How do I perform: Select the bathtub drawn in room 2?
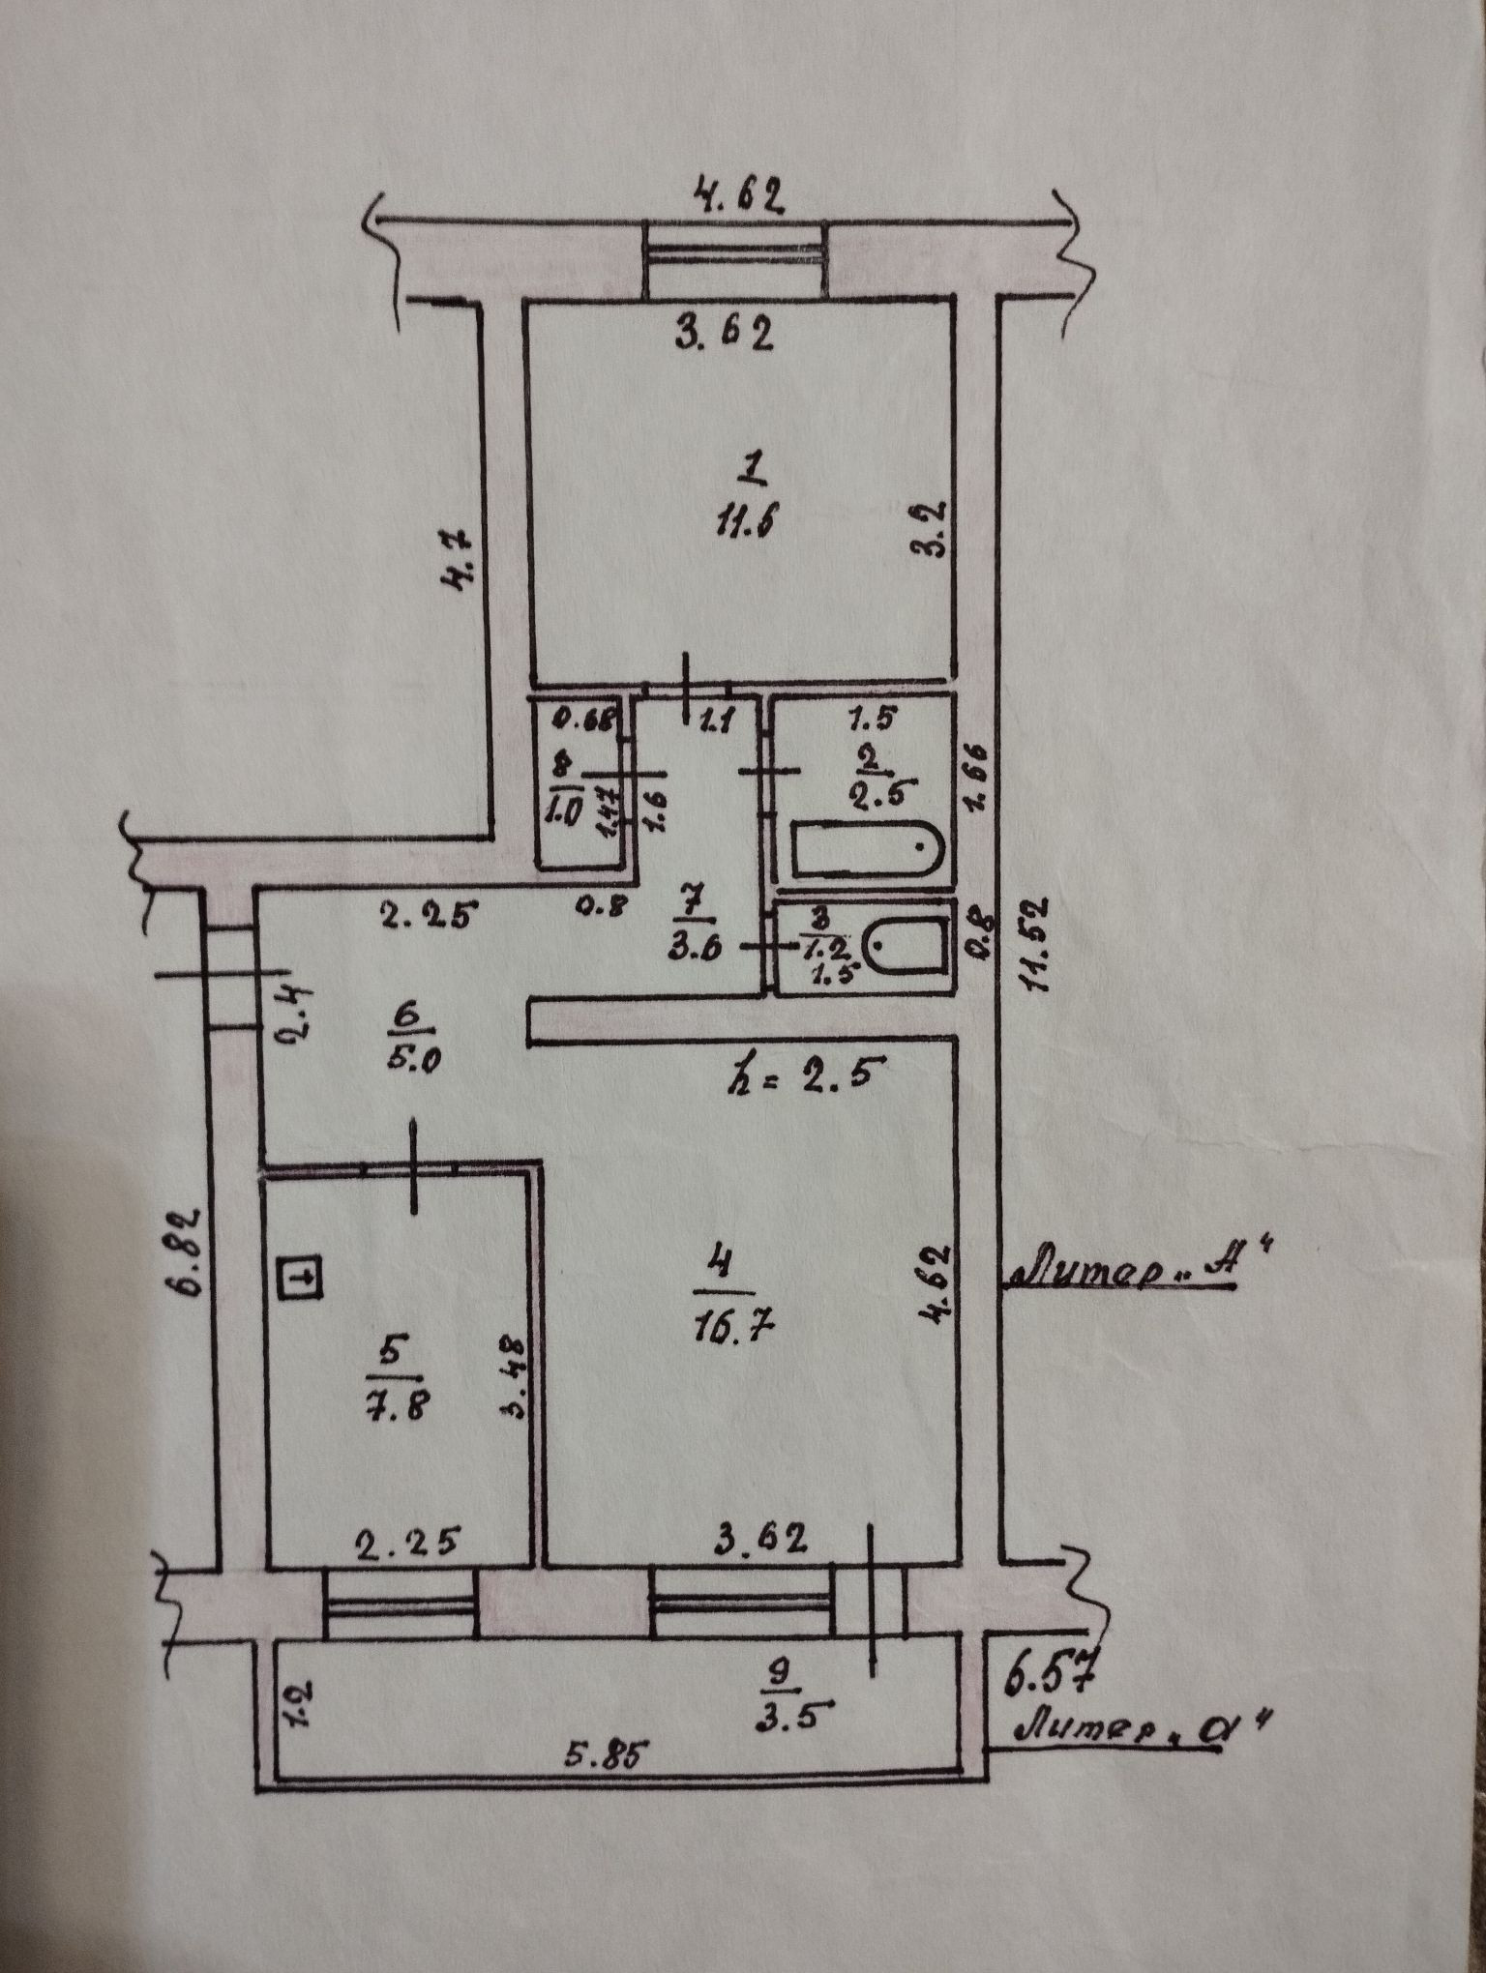[x=867, y=848]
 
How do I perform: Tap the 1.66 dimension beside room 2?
[x=975, y=773]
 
